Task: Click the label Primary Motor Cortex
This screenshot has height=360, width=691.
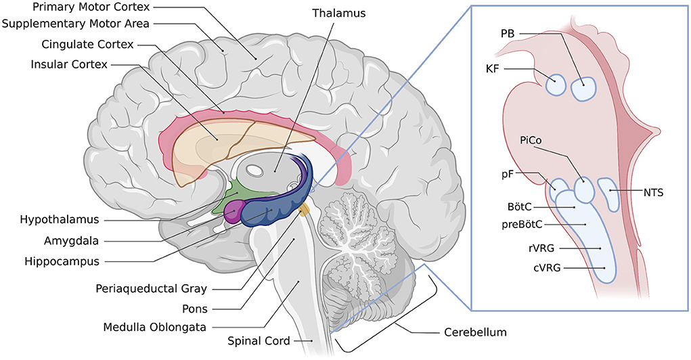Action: pyautogui.click(x=75, y=7)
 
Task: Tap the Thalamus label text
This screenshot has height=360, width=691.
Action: pyautogui.click(x=338, y=14)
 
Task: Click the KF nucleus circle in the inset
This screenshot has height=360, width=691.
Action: pyautogui.click(x=556, y=85)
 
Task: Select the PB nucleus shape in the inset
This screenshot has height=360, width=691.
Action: pyautogui.click(x=583, y=89)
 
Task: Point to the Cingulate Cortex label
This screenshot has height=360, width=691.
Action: pyautogui.click(x=78, y=45)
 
